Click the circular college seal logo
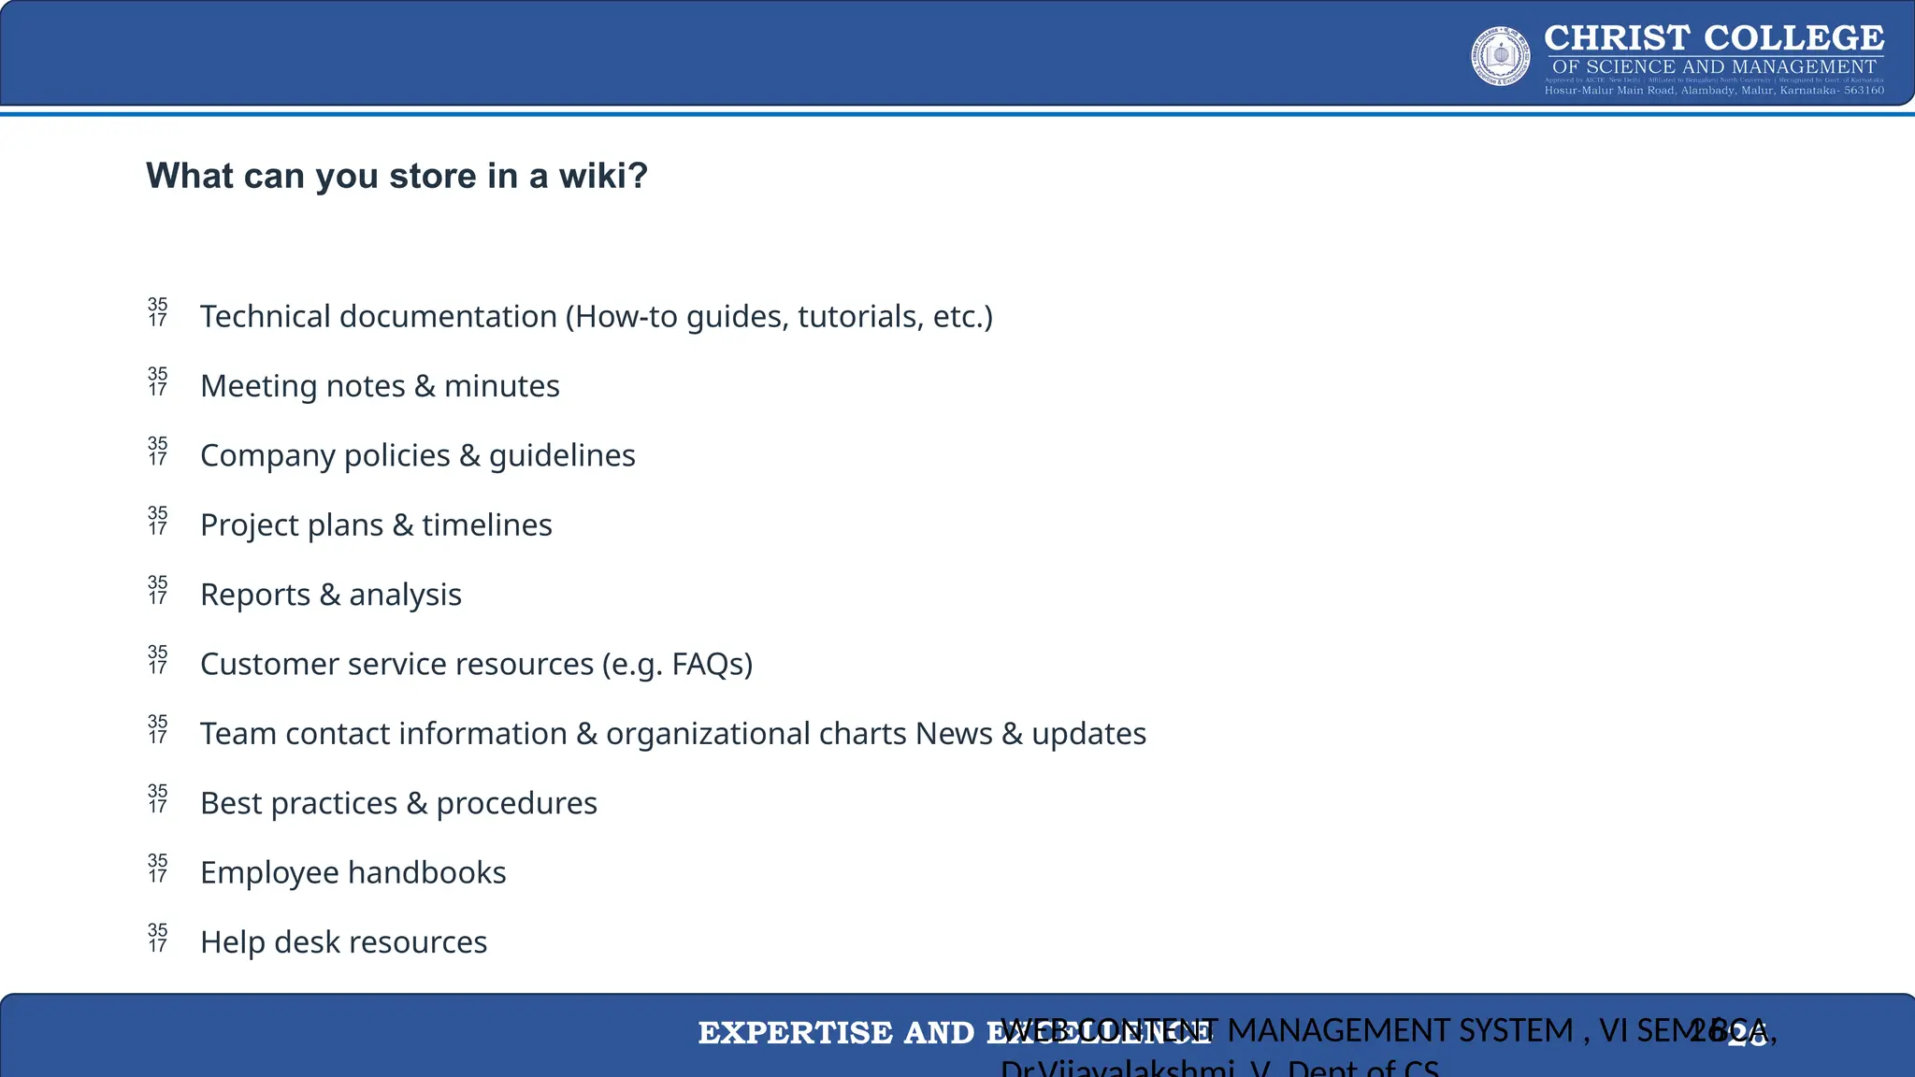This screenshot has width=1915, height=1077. pyautogui.click(x=1501, y=56)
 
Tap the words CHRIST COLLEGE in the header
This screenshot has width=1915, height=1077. pyautogui.click(x=1713, y=38)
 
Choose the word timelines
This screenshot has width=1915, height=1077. pyautogui.click(x=486, y=525)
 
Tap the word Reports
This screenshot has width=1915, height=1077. pyautogui.click(x=255, y=595)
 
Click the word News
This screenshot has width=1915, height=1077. pyautogui.click(x=954, y=734)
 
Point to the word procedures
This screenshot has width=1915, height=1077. pyautogui.click(x=516, y=803)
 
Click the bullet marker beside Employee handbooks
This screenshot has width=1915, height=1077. pyautogui.click(x=158, y=868)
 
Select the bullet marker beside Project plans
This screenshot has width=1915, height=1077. pyautogui.click(x=158, y=521)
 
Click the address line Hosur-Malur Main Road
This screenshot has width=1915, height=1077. pyautogui.click(x=1713, y=91)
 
